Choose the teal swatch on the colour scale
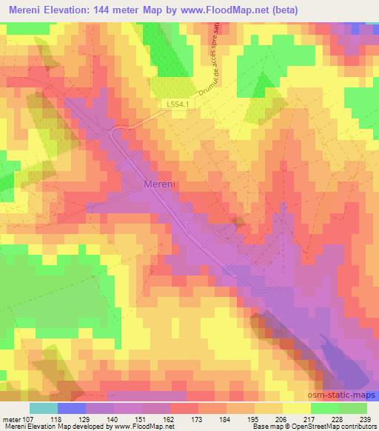tap(44, 407)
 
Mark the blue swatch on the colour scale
tap(72, 407)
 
